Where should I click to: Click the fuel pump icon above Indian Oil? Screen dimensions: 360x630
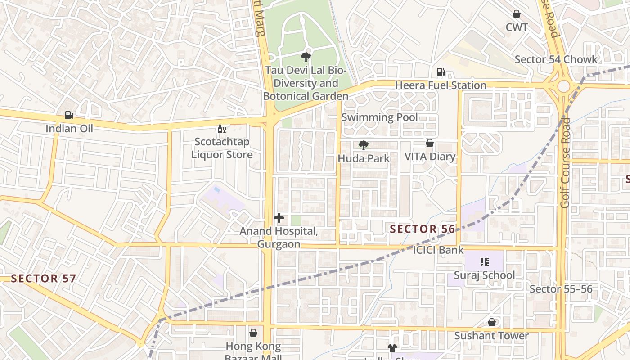coord(69,115)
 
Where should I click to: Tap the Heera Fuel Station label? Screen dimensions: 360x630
coord(441,85)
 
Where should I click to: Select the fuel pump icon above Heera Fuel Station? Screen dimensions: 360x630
coord(441,72)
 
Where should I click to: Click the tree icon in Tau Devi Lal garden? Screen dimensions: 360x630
coord(306,57)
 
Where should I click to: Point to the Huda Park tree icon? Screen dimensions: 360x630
coord(363,145)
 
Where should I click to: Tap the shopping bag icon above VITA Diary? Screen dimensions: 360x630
coord(430,143)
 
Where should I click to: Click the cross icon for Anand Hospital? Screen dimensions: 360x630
coord(279,218)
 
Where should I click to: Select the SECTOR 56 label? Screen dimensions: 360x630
coord(422,229)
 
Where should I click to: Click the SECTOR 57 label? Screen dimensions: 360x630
coord(43,278)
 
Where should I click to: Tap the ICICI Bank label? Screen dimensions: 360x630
coord(438,250)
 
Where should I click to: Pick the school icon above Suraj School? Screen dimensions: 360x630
coord(484,261)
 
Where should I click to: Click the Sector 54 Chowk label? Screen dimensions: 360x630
coord(556,59)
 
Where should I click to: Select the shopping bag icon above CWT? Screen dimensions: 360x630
coord(517,14)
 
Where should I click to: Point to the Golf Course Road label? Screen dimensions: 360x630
coord(565,163)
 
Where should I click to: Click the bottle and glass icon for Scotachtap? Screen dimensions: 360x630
coord(221,129)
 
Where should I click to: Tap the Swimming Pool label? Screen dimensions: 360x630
coord(379,117)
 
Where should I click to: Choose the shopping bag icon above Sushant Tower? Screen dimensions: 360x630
coord(492,322)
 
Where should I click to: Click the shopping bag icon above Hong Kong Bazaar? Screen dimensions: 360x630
coord(253,333)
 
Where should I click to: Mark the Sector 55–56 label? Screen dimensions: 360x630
coord(561,289)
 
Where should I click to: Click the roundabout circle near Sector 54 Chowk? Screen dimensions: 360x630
coord(563,86)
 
